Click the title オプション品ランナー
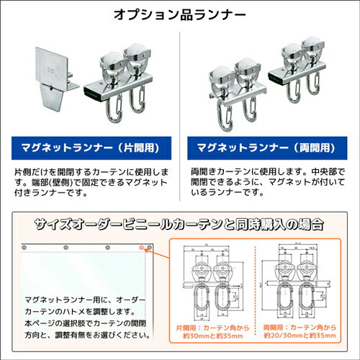click(180, 14)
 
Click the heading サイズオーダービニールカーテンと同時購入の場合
click(180, 223)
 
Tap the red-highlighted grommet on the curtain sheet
click(141, 248)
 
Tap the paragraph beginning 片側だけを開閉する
click(90, 184)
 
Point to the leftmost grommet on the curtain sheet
click(24, 248)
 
